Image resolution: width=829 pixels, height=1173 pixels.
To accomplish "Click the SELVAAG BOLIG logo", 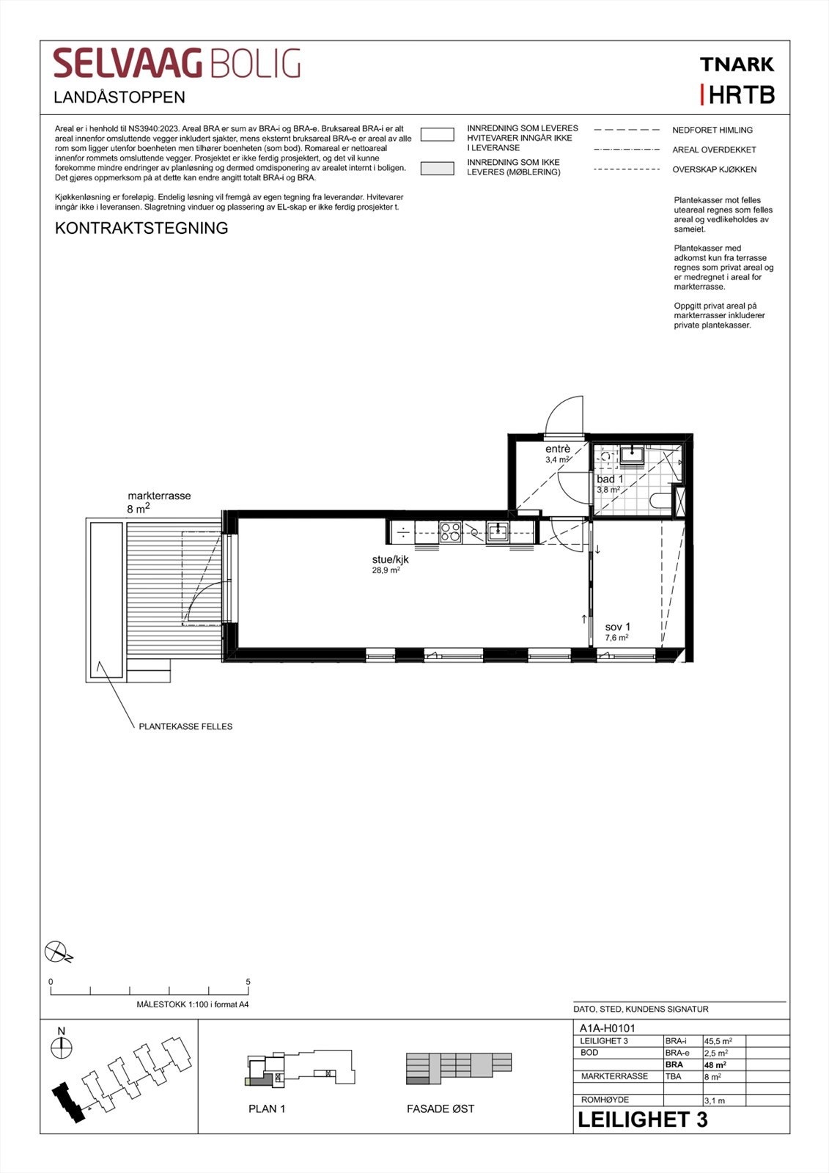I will coord(177,64).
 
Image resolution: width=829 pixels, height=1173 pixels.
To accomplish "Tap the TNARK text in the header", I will coord(737,65).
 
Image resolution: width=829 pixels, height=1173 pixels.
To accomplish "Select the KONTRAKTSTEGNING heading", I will coord(141,228).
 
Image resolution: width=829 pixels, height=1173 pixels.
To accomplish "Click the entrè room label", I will coord(558,449).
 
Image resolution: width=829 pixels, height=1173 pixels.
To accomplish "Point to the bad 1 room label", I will coord(610,479).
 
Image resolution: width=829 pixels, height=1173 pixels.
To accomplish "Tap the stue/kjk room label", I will coord(390,559).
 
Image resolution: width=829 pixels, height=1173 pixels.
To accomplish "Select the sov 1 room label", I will coord(617,627).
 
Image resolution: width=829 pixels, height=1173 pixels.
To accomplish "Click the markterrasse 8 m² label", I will coord(158,501).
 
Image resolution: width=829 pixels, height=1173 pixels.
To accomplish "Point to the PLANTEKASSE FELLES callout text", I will coord(185,727).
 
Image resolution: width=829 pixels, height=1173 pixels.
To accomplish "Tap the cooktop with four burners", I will coord(450,532).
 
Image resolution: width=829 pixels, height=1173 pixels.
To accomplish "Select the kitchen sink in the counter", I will coord(498,531).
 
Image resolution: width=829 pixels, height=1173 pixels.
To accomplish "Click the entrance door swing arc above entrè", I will coord(564,414).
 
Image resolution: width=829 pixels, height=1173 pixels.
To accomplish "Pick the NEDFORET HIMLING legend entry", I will coord(712,130).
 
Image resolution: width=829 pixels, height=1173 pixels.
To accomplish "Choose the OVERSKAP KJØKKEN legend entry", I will coord(714,169).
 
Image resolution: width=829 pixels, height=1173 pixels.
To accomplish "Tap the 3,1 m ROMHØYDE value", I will coord(714,1100).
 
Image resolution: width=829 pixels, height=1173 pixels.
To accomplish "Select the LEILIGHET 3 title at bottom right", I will coord(642,1119).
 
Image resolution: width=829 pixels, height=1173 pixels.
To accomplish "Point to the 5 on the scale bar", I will coord(248,982).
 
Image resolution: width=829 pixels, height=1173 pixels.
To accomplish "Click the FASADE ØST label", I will coord(441,1108).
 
